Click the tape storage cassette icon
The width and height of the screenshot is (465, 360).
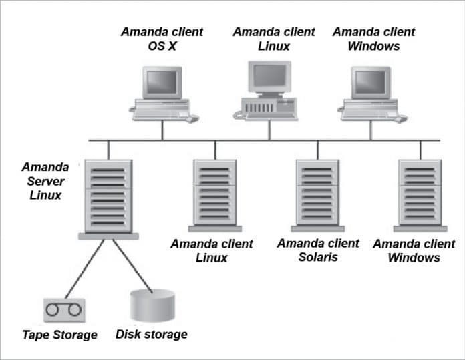tap(64, 309)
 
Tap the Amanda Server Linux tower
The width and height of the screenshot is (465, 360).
tap(108, 196)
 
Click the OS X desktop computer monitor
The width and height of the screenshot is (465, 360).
tap(162, 83)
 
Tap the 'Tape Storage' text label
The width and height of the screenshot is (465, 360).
tap(59, 335)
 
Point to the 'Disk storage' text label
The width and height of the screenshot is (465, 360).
tap(152, 334)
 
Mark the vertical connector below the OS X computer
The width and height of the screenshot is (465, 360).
tap(162, 130)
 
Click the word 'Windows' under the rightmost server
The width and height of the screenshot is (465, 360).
tap(414, 258)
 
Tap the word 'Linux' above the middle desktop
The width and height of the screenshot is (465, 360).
tap(274, 46)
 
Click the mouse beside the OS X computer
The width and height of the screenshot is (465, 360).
tap(192, 118)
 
